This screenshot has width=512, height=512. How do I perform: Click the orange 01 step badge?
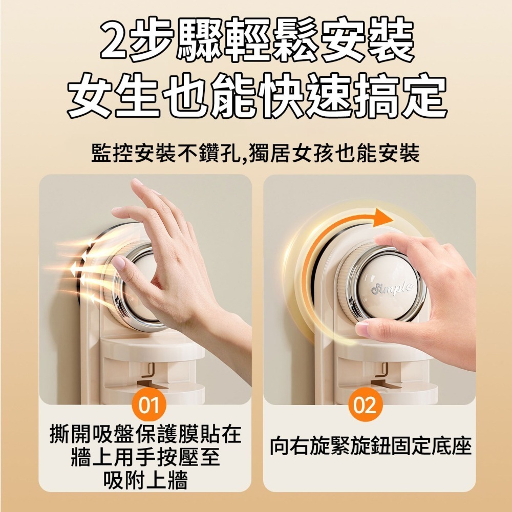point(149,404)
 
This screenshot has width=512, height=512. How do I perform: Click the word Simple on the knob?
point(392,288)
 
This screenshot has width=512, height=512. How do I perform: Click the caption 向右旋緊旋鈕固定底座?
point(370,446)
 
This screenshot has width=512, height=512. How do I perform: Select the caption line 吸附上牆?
point(145,480)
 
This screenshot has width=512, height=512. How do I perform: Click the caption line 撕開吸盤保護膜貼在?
point(145,434)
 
